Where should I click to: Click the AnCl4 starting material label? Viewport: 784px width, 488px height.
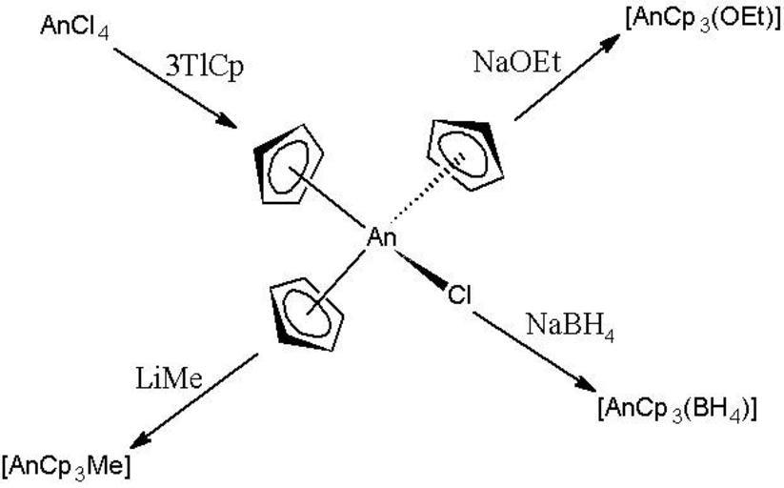(73, 27)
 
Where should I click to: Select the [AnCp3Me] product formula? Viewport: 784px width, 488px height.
(66, 466)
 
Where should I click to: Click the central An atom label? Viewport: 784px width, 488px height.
(382, 238)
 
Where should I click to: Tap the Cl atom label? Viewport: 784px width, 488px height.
(459, 296)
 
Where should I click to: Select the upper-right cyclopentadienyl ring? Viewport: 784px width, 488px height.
(464, 142)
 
